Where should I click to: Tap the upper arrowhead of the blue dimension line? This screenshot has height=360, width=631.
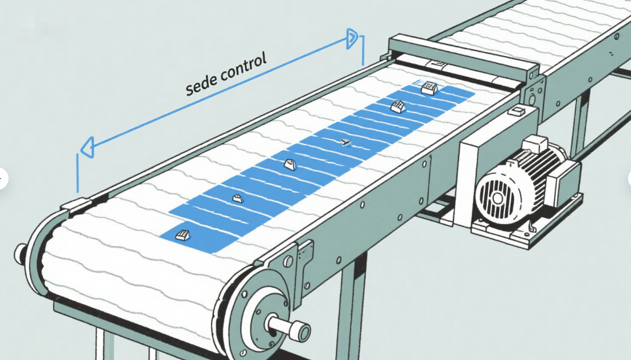click(352, 39)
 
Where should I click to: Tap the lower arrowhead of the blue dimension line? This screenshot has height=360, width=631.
click(87, 148)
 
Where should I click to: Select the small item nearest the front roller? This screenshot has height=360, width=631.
click(182, 235)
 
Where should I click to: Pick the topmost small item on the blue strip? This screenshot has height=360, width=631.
click(428, 88)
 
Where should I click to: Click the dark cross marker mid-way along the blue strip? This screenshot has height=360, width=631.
click(344, 142)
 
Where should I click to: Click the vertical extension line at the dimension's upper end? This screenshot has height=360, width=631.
click(362, 50)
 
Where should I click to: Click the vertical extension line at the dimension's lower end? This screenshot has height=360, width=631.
click(77, 173)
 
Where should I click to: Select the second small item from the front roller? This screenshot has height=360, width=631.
click(238, 198)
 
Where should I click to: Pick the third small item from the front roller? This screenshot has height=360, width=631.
click(290, 165)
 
